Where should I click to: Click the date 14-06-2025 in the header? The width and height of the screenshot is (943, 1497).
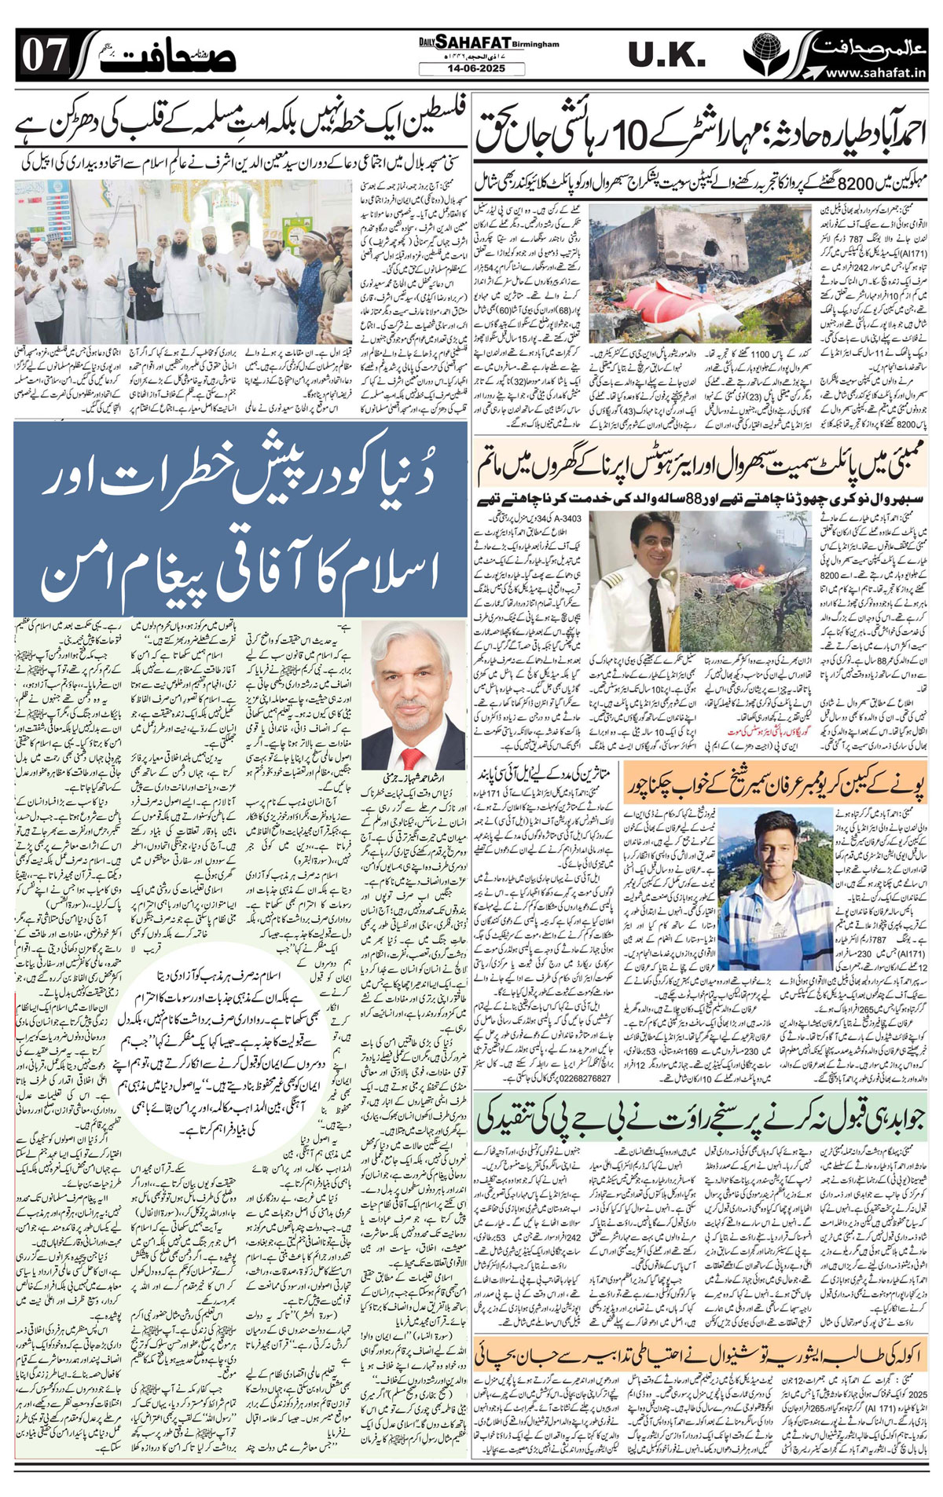click(472, 69)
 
